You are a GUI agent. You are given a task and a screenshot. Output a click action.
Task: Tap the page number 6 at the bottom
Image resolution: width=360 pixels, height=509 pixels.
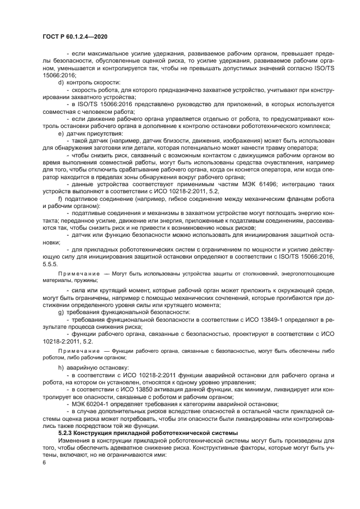point(44,462)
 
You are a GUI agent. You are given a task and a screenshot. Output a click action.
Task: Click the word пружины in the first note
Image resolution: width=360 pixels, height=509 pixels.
point(86,280)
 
